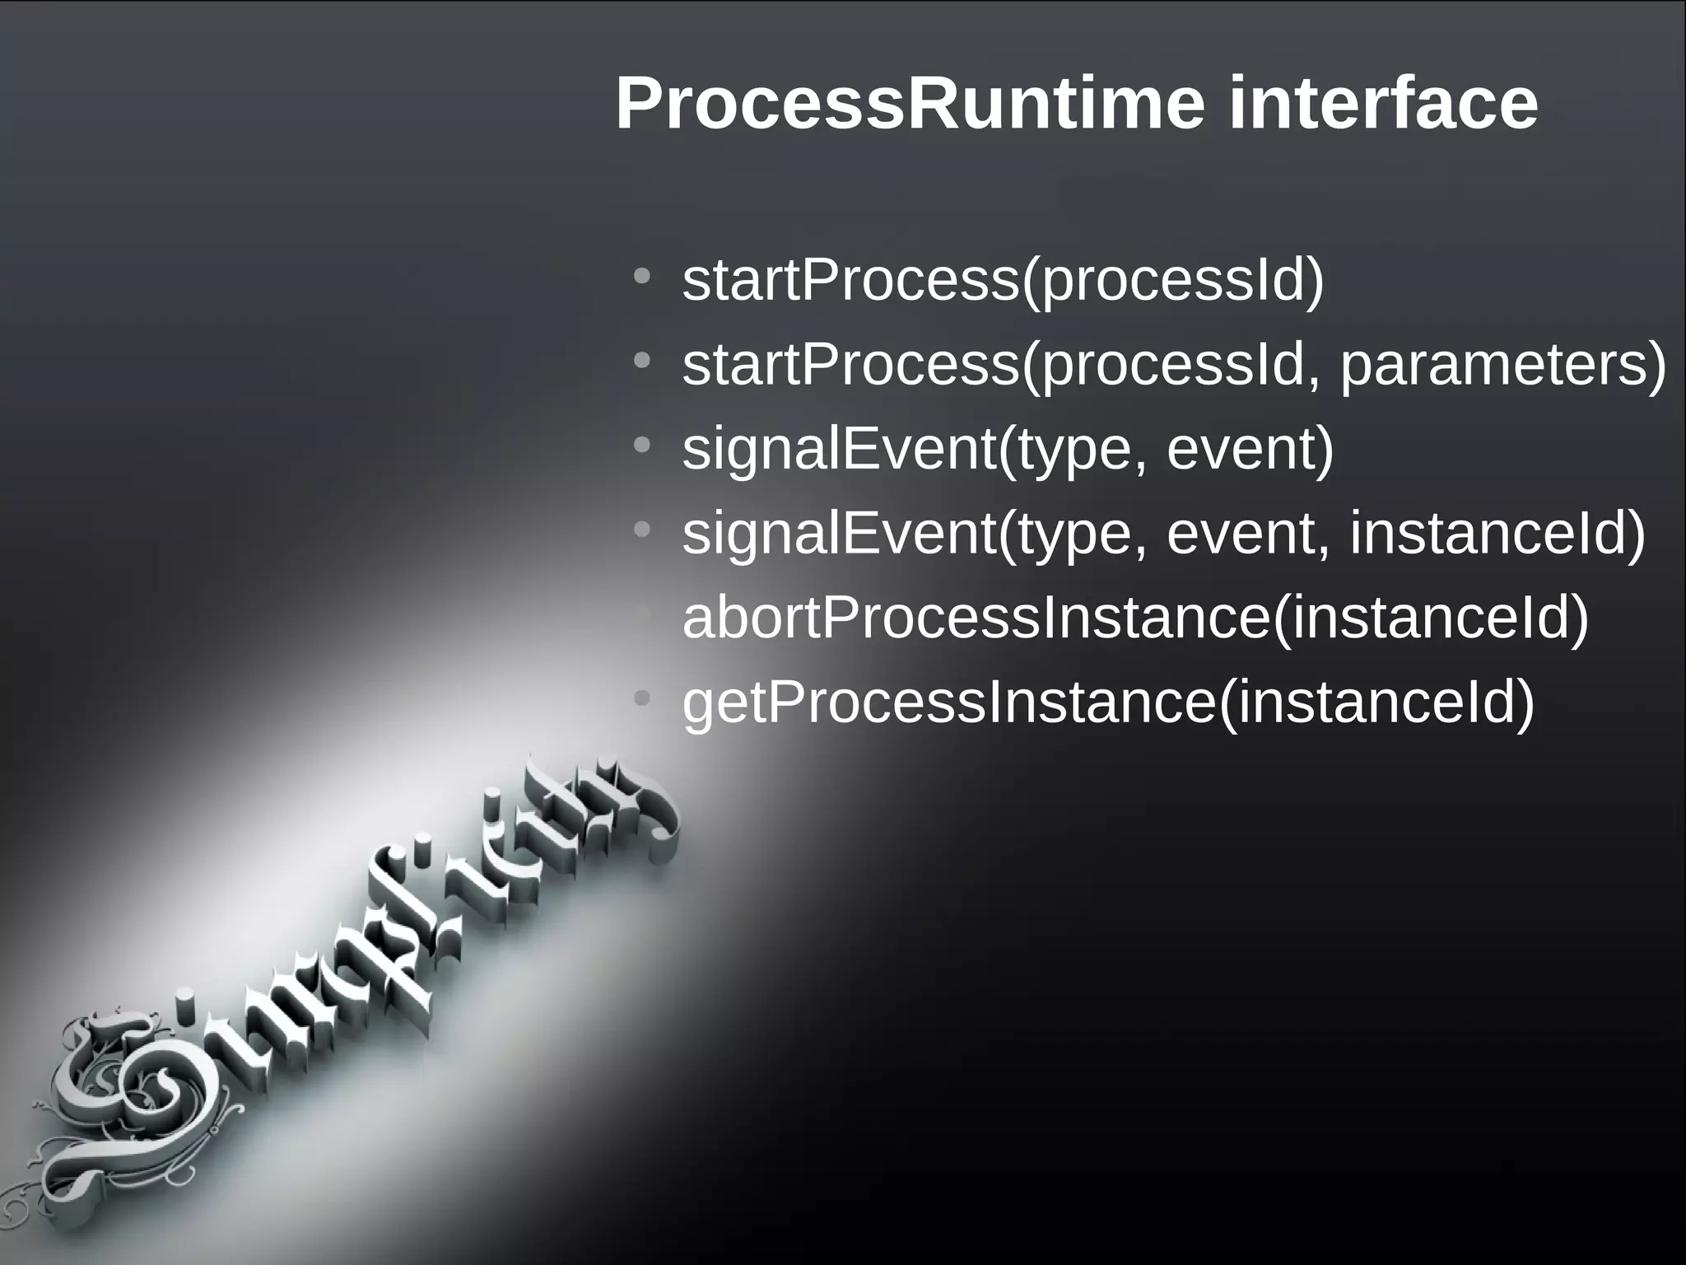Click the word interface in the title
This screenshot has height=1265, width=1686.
(x=1382, y=105)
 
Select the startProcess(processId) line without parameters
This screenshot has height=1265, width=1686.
(x=1003, y=281)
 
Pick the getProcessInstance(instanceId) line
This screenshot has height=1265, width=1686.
(x=1108, y=703)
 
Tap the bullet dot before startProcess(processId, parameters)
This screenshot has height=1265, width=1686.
(x=642, y=361)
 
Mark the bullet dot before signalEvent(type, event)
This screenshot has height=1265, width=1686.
(x=642, y=445)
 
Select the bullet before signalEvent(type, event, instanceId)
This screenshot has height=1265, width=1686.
(x=642, y=530)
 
